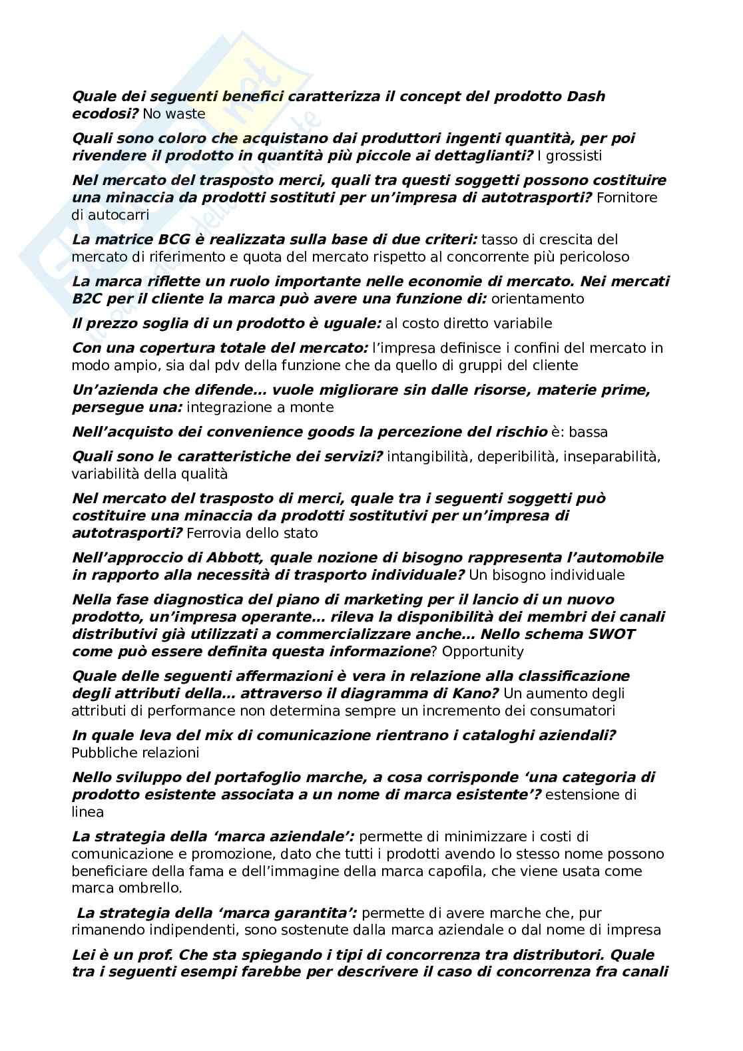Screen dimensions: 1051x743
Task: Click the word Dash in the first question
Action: (x=587, y=97)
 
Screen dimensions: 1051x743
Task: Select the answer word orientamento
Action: (x=537, y=299)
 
